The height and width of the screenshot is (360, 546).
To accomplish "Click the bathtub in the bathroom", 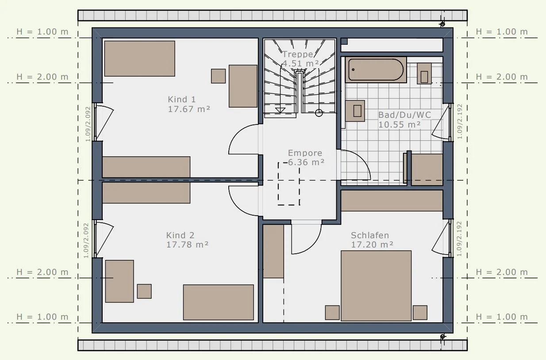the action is (376, 70).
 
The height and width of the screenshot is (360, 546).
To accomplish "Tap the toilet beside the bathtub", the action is (424, 74).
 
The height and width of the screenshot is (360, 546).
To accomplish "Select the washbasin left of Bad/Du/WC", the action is (355, 111).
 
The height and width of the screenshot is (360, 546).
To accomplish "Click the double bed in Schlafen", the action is (376, 286).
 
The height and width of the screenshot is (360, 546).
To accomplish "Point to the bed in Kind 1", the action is (140, 58).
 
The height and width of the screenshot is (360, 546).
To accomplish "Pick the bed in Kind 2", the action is (219, 302).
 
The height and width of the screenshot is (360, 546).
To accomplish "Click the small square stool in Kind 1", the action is (219, 76).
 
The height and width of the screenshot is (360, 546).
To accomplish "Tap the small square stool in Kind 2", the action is (144, 291).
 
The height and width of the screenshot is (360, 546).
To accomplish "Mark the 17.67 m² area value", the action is (189, 109).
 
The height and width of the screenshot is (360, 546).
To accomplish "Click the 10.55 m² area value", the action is (399, 124).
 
